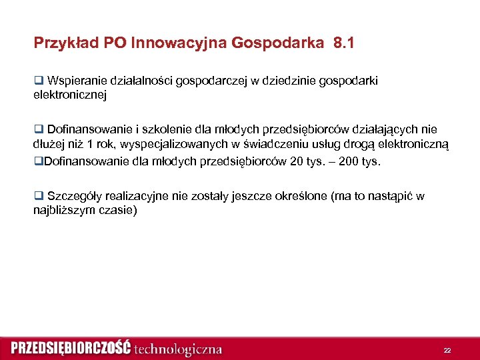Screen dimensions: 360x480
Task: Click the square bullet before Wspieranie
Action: click(x=38, y=81)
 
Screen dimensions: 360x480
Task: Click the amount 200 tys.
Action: click(x=359, y=161)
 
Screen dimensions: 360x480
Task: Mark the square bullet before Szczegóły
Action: click(x=38, y=196)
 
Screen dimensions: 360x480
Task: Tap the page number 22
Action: click(x=447, y=349)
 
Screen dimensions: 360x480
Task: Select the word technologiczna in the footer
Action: click(x=178, y=349)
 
